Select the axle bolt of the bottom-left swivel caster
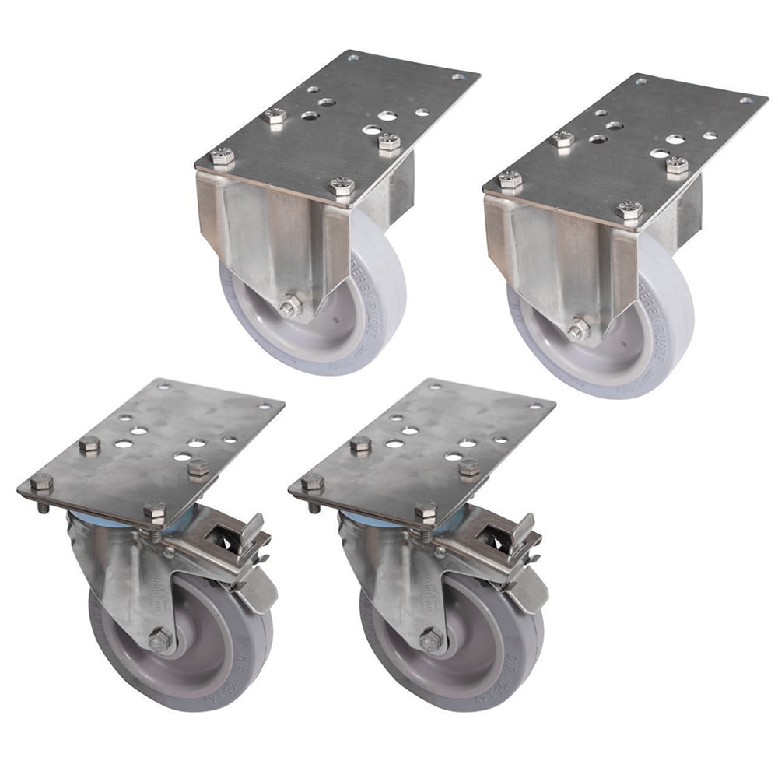click(161, 640)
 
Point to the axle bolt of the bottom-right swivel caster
click(431, 640)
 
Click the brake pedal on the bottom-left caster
click(260, 590)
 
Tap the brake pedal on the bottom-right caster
click(531, 590)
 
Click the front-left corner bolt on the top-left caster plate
click(222, 156)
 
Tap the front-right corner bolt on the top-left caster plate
click(342, 187)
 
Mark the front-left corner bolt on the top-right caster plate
click(510, 180)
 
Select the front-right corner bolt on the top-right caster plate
click(629, 210)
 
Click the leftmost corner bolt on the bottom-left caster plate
click(41, 482)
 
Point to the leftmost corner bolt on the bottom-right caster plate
click(312, 482)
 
